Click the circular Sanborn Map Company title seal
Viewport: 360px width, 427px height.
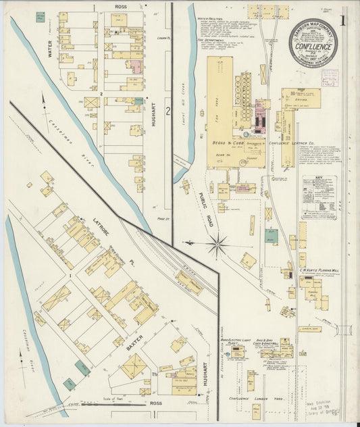tap(314, 43)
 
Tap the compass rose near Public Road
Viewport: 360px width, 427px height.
tap(217, 245)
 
